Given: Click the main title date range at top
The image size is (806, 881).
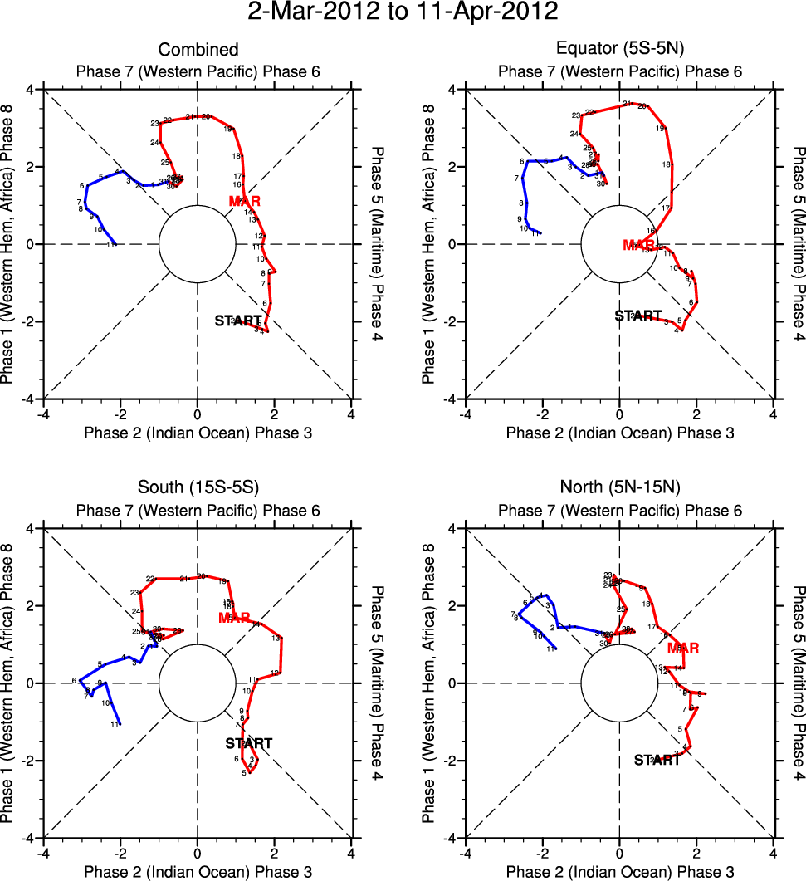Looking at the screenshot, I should [x=403, y=12].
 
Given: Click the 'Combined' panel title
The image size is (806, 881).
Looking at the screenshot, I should [x=198, y=50].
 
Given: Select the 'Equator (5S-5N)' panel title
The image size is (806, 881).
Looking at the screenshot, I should [x=620, y=50].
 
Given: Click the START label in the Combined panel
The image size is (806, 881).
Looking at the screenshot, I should [x=238, y=321].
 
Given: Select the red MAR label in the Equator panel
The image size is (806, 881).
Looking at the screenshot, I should [x=639, y=244].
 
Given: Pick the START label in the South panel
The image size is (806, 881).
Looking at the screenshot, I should [x=249, y=743].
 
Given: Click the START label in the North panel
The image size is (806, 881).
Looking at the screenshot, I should [x=657, y=760].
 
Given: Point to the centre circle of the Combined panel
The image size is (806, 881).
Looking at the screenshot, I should [x=198, y=244].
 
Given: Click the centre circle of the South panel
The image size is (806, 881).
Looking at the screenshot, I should [x=198, y=683].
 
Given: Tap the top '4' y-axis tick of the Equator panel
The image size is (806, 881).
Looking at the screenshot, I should [x=452, y=90].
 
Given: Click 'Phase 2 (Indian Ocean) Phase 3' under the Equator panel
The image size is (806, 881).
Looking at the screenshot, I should [x=620, y=433].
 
